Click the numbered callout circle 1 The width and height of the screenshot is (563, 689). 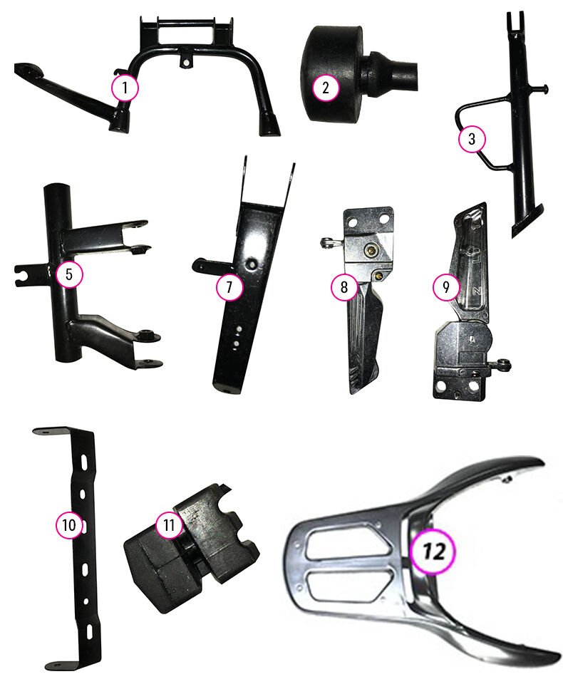125,88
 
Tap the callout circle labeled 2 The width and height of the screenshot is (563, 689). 326,88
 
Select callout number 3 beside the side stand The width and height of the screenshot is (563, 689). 472,139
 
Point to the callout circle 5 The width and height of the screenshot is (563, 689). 69,274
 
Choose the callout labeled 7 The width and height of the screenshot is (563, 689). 229,287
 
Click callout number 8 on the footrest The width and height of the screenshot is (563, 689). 344,287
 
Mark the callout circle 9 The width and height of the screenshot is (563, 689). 446,287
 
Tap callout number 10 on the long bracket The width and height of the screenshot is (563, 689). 69,524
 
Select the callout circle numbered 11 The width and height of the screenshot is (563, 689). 169,524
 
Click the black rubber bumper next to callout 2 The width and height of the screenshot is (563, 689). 358,73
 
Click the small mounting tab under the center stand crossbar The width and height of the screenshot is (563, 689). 187,61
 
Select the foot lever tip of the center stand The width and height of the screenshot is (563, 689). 27,71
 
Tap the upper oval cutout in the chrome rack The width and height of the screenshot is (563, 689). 348,545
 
